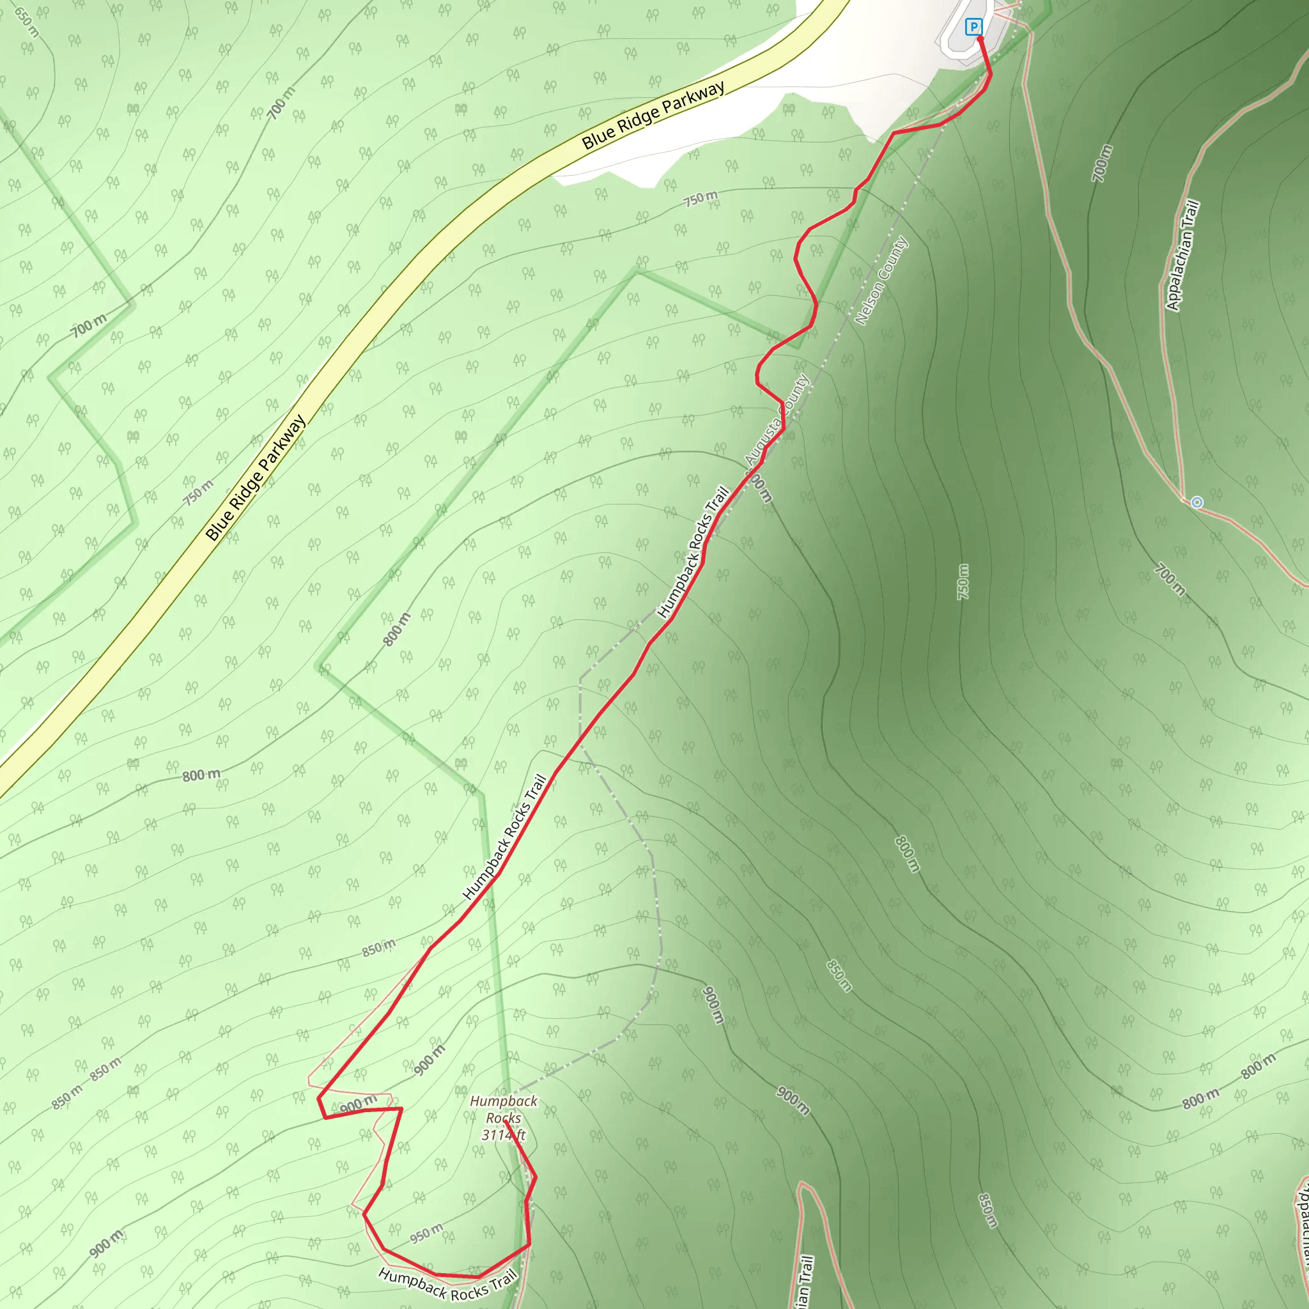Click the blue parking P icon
tap(973, 27)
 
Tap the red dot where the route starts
tap(980, 38)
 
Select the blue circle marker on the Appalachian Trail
tap(1197, 502)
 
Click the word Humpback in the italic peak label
tap(504, 1102)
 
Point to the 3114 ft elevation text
tap(504, 1135)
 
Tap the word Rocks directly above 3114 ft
tap(504, 1119)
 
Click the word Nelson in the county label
tap(869, 302)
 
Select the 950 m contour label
tap(427, 1234)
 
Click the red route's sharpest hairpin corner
tap(320, 1097)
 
